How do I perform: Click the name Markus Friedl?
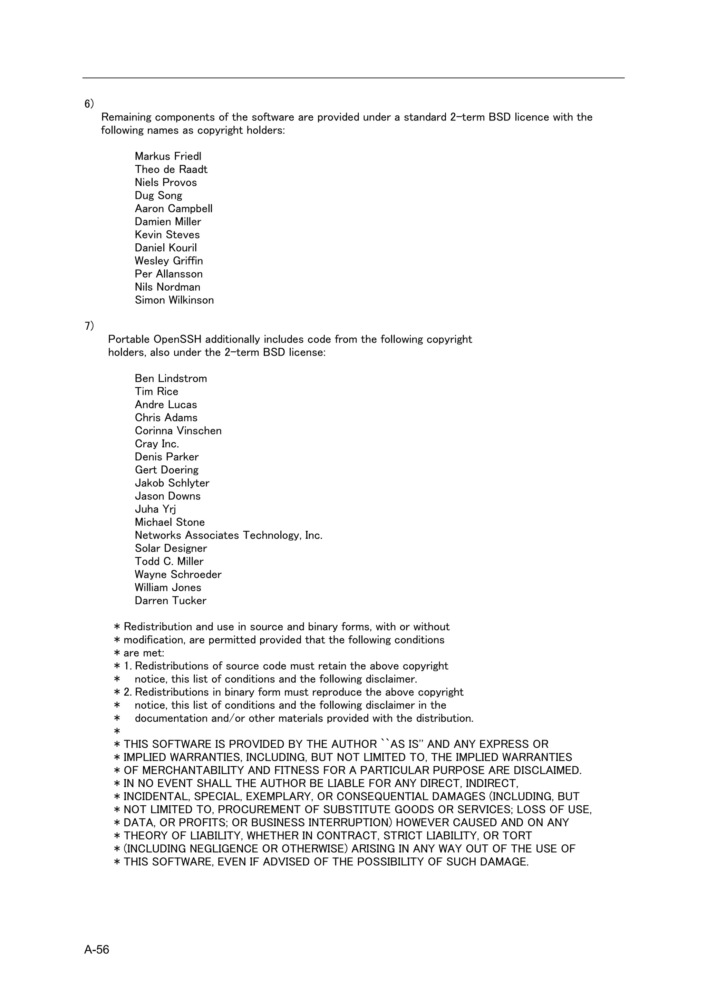168,156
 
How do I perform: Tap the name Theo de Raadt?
171,169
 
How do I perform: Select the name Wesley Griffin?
168,261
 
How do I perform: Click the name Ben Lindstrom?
171,378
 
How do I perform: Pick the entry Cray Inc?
157,444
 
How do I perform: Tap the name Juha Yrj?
155,509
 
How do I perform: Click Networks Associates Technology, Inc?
228,535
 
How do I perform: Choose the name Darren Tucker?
170,601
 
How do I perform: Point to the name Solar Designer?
171,548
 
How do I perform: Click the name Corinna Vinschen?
178,431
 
